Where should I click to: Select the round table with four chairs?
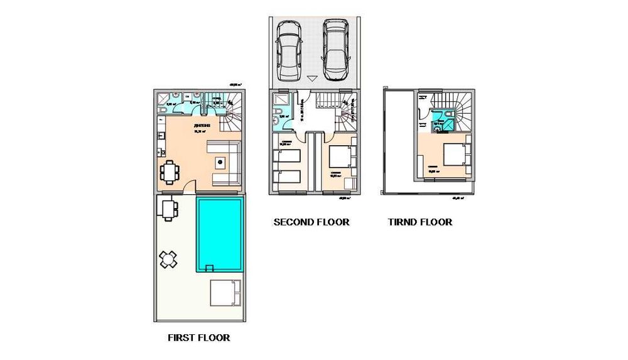click(x=168, y=259)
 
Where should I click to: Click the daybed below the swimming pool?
click(x=224, y=292)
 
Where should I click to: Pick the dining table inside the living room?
click(x=169, y=172)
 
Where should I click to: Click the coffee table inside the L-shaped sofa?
click(x=220, y=162)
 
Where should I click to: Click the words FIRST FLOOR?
click(x=198, y=337)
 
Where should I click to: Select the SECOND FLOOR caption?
click(x=311, y=222)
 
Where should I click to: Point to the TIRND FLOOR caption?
click(x=420, y=222)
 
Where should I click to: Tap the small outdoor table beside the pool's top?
click(x=169, y=209)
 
